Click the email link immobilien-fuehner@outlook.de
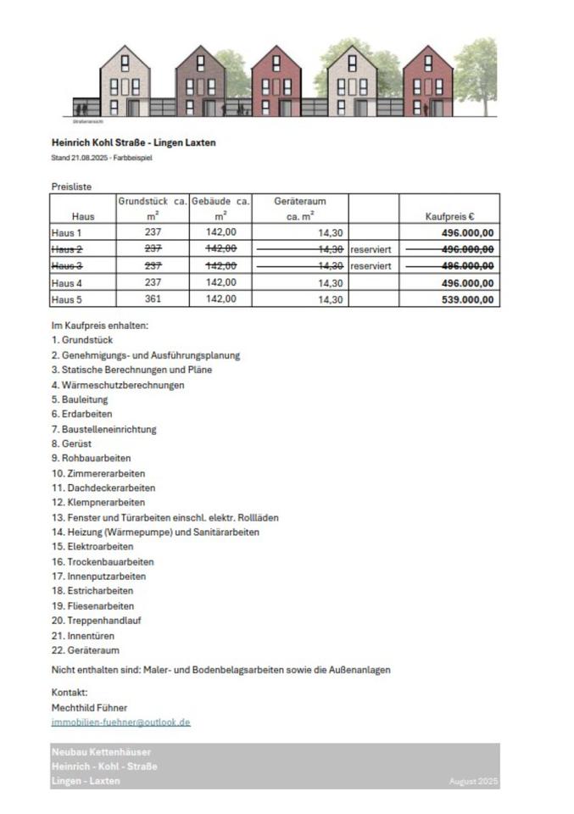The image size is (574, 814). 120,722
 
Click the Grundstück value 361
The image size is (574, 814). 153,299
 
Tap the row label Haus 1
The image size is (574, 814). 66,232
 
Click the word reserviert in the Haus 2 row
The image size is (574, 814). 371,249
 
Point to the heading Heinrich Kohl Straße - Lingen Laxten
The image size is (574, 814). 133,142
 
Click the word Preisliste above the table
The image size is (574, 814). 71,187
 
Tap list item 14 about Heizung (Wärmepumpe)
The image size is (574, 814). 155,532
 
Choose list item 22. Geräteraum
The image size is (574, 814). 85,650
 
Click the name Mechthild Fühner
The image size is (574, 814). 89,707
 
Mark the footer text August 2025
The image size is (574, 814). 473,781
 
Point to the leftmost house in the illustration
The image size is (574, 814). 125,82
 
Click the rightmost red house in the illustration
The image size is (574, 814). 427,82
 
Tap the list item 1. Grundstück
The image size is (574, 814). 82,340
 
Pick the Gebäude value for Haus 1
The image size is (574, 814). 220,232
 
